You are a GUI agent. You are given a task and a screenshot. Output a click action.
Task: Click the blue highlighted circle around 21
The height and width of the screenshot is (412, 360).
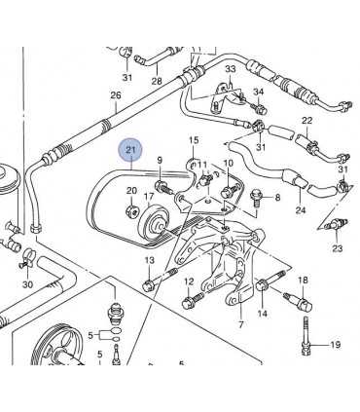tap(129, 150)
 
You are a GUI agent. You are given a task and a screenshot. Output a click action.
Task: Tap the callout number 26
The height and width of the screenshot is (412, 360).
tap(116, 95)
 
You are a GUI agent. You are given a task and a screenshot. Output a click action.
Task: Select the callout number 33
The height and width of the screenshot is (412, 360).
tap(231, 69)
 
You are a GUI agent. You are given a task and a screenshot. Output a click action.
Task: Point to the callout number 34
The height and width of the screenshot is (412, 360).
tap(259, 93)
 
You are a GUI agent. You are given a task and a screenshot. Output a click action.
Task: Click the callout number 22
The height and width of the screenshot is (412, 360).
tap(306, 121)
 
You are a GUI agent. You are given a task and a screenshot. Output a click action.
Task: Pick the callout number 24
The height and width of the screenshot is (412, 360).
tap(300, 210)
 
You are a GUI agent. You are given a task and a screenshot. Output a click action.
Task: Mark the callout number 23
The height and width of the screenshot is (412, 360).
tap(338, 248)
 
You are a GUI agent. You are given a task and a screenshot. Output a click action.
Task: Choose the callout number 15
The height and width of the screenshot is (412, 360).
tap(194, 140)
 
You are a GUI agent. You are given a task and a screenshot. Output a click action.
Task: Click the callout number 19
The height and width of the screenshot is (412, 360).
tap(335, 345)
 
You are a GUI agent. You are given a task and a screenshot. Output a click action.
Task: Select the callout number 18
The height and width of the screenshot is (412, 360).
tap(303, 281)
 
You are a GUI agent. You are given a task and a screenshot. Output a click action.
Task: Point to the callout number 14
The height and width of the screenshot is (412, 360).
tap(262, 314)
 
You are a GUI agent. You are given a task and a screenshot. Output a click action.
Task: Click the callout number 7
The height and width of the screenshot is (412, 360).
tap(240, 326)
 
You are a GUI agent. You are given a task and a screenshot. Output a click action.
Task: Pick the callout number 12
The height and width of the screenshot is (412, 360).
tap(189, 281)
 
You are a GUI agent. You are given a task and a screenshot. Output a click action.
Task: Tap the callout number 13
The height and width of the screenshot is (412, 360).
tap(149, 260)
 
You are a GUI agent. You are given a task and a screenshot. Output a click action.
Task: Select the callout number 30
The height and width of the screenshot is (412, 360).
tap(27, 284)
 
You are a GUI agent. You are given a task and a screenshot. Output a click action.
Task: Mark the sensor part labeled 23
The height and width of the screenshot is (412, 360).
tap(337, 225)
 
